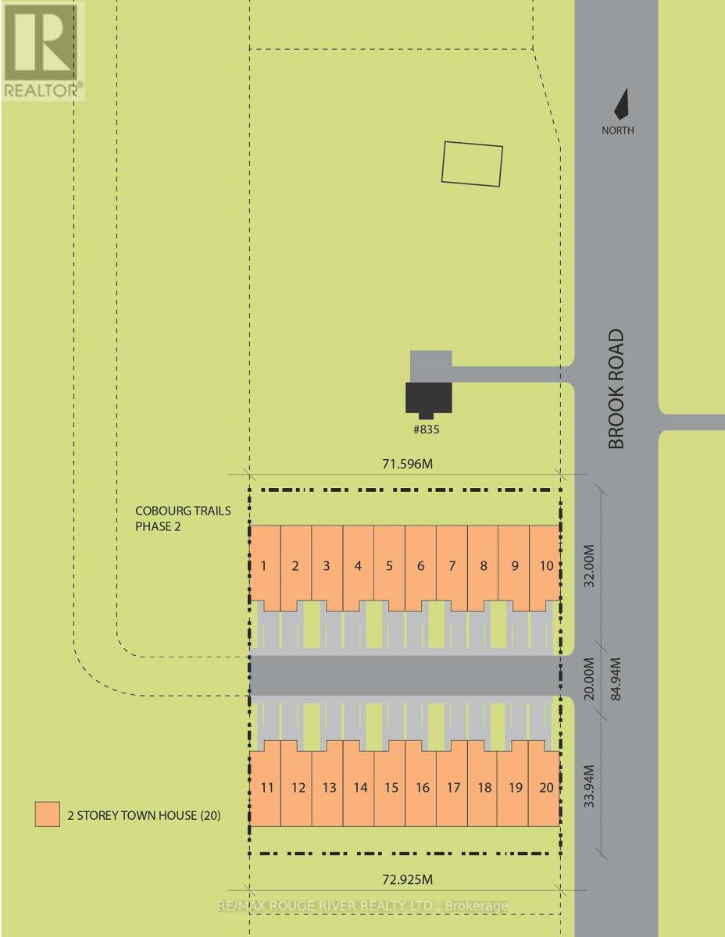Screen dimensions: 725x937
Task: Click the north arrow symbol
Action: pyautogui.click(x=623, y=105)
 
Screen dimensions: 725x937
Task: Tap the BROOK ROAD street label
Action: pyautogui.click(x=616, y=389)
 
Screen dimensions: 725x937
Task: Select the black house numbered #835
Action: pyautogui.click(x=428, y=400)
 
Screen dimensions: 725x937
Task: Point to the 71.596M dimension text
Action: pyautogui.click(x=408, y=464)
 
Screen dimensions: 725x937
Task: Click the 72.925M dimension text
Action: pyautogui.click(x=408, y=879)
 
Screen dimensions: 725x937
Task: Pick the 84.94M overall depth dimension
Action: pyautogui.click(x=616, y=679)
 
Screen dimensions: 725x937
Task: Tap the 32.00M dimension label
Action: pyautogui.click(x=590, y=566)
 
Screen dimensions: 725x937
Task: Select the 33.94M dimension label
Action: pyautogui.click(x=590, y=786)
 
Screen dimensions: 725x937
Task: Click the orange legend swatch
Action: pyautogui.click(x=48, y=814)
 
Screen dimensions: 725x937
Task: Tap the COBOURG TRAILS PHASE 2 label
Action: pyautogui.click(x=183, y=518)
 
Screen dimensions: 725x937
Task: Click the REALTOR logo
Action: pyautogui.click(x=43, y=51)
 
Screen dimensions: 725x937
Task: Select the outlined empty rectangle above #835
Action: pyautogui.click(x=472, y=164)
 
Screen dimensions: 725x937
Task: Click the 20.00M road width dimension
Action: pyautogui.click(x=590, y=679)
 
